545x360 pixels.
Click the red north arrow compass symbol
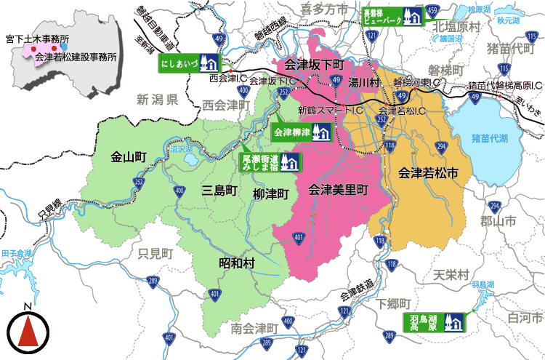[28, 332]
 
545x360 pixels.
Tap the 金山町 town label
[129, 156]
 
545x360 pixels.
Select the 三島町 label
[219, 191]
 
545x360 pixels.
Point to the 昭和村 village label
[237, 264]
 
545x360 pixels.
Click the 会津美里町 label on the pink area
[339, 191]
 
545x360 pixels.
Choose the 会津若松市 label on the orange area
[428, 174]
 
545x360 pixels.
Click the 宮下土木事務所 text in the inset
[37, 36]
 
